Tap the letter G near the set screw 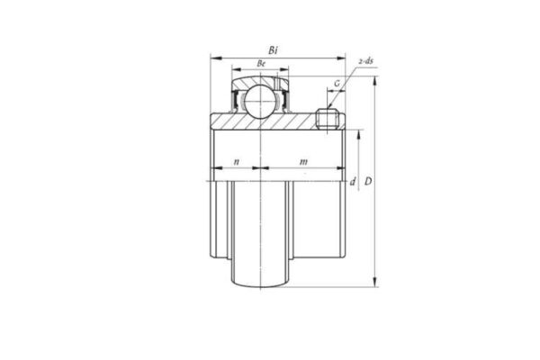tap(337, 84)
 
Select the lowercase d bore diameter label tap(353, 182)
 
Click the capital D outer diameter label tap(368, 183)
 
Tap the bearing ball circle tap(262, 95)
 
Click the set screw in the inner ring tap(328, 119)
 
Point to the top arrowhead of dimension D tap(375, 76)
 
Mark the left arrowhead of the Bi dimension tap(213, 58)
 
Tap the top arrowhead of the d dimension tap(360, 132)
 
